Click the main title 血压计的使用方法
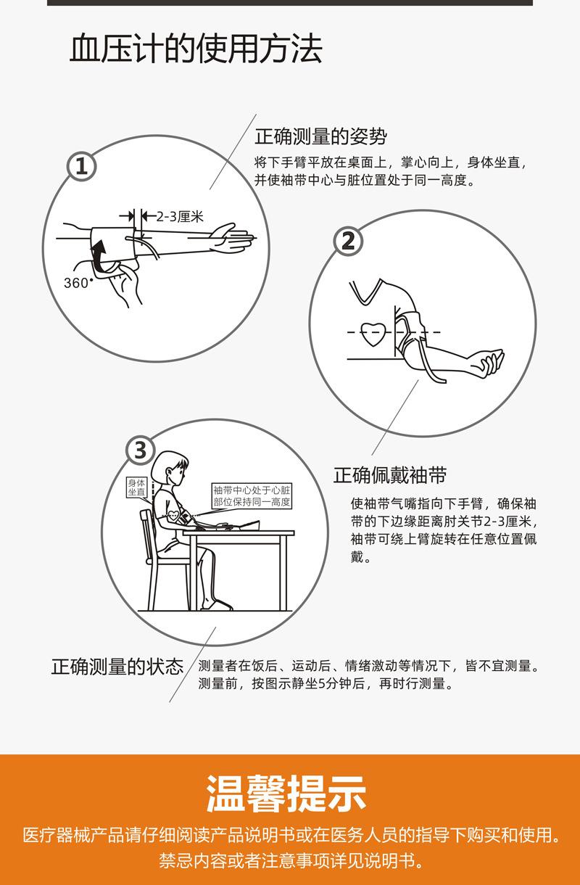click(x=196, y=49)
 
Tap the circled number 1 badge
click(x=81, y=166)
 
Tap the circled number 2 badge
click(x=348, y=241)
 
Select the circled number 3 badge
click(x=141, y=450)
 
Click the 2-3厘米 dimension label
click(x=180, y=216)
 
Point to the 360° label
click(x=78, y=282)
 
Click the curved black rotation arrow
click(x=99, y=255)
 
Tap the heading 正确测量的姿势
click(x=320, y=136)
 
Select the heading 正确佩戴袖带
click(x=390, y=475)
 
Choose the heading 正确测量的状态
click(x=117, y=667)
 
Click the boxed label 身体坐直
click(x=136, y=487)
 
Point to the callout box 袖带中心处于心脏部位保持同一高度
click(x=252, y=496)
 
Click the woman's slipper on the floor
click(x=217, y=605)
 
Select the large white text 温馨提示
click(x=286, y=794)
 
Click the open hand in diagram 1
click(x=231, y=237)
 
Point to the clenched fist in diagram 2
click(x=490, y=361)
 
